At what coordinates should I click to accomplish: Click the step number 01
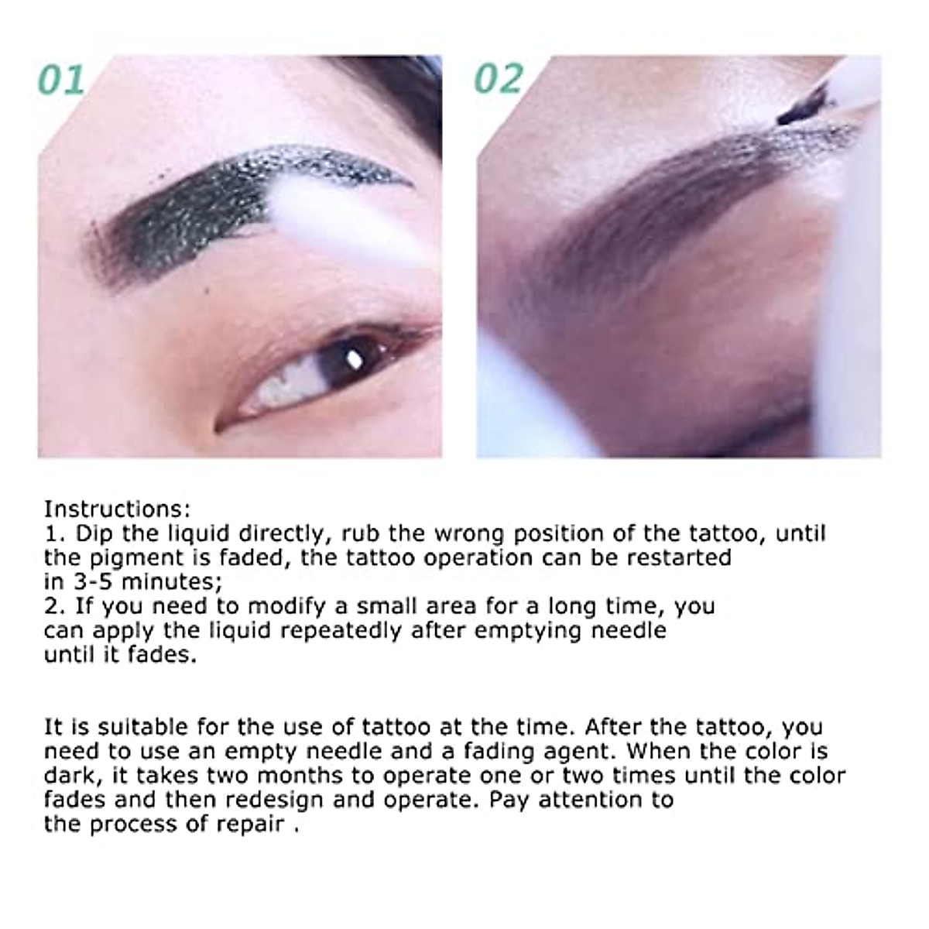point(62,80)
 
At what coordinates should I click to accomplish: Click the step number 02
point(499,80)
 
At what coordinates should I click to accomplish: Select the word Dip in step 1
point(92,533)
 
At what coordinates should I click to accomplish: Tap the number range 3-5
point(92,581)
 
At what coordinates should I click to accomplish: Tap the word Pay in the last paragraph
point(509,799)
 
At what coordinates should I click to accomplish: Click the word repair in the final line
point(248,824)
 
